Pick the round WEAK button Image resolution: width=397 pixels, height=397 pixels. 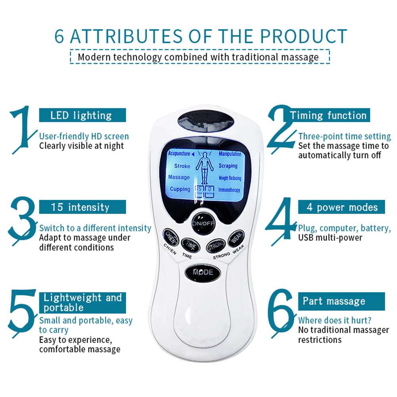tap(235, 238)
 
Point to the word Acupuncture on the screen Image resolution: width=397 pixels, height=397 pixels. tap(179, 154)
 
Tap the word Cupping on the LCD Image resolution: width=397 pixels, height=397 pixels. tap(180, 189)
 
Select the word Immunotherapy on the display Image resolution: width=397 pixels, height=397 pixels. tap(229, 190)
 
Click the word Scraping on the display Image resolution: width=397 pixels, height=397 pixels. tap(228, 166)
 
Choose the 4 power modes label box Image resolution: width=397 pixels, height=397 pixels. tap(341, 207)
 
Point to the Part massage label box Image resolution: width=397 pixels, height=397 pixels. tap(341, 301)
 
